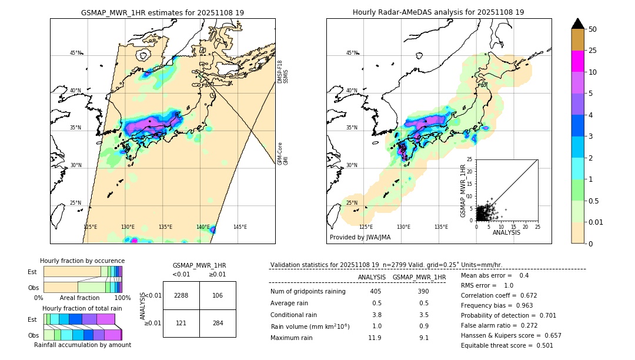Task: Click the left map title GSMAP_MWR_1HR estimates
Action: (x=162, y=12)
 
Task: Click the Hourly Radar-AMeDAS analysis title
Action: (x=438, y=12)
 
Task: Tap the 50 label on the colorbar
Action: (x=593, y=29)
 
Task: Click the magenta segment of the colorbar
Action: (x=578, y=61)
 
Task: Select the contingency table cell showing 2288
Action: (x=181, y=295)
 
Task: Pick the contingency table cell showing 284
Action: (x=218, y=323)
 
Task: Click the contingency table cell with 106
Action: (x=218, y=295)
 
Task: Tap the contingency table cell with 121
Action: (x=181, y=323)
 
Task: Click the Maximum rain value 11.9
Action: (x=375, y=338)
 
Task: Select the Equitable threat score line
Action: (x=507, y=345)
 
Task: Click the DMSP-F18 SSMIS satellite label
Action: (x=282, y=72)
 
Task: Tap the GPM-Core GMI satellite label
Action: (x=282, y=154)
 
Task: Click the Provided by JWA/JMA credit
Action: (x=360, y=238)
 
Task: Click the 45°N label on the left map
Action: (x=75, y=53)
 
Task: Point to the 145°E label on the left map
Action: (x=240, y=227)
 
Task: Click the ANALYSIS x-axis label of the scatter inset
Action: (x=506, y=232)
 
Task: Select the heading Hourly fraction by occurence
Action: (x=82, y=261)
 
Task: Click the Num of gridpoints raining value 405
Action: (x=375, y=292)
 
